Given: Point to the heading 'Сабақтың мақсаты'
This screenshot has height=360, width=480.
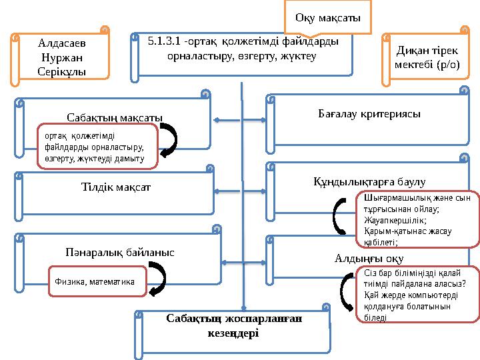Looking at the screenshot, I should coord(115,118).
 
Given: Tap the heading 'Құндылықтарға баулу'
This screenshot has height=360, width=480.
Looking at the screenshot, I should coord(369,181).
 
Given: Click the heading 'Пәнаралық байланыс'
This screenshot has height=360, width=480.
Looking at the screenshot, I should coord(120,253).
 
